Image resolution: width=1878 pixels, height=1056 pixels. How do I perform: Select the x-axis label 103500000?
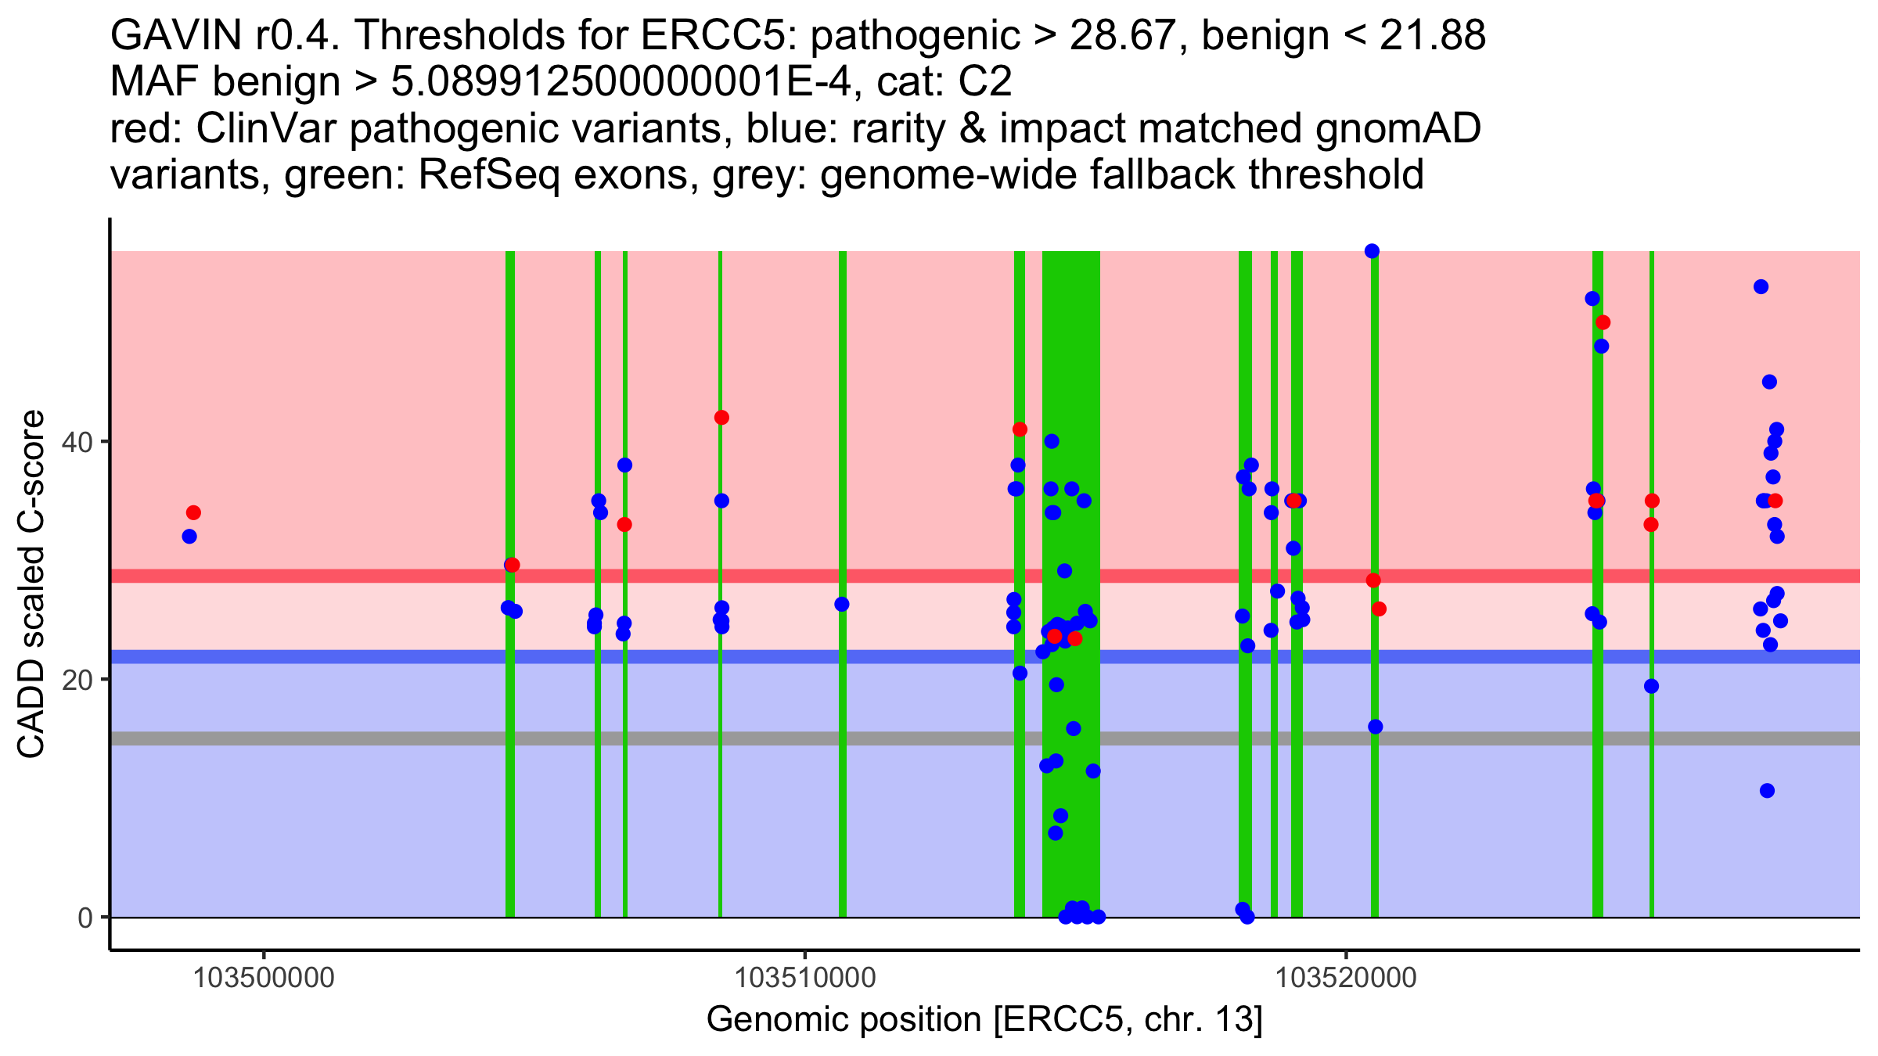pos(264,978)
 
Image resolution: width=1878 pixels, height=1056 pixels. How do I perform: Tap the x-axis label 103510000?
pos(805,978)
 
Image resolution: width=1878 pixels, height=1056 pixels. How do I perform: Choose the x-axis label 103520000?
pos(1346,978)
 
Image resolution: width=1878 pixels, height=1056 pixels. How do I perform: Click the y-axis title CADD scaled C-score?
pos(31,584)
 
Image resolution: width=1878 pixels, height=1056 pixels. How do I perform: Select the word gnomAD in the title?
pos(1398,128)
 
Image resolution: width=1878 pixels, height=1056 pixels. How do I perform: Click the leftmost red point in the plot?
pos(193,513)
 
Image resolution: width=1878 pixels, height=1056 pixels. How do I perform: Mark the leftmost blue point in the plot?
pos(189,537)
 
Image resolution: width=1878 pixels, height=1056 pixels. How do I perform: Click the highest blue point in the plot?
pos(1372,251)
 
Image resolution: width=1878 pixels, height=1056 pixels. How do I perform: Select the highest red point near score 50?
pos(1603,322)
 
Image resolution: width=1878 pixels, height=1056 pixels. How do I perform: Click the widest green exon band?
pos(1070,584)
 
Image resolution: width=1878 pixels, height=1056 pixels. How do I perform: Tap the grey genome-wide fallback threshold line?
pos(985,738)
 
